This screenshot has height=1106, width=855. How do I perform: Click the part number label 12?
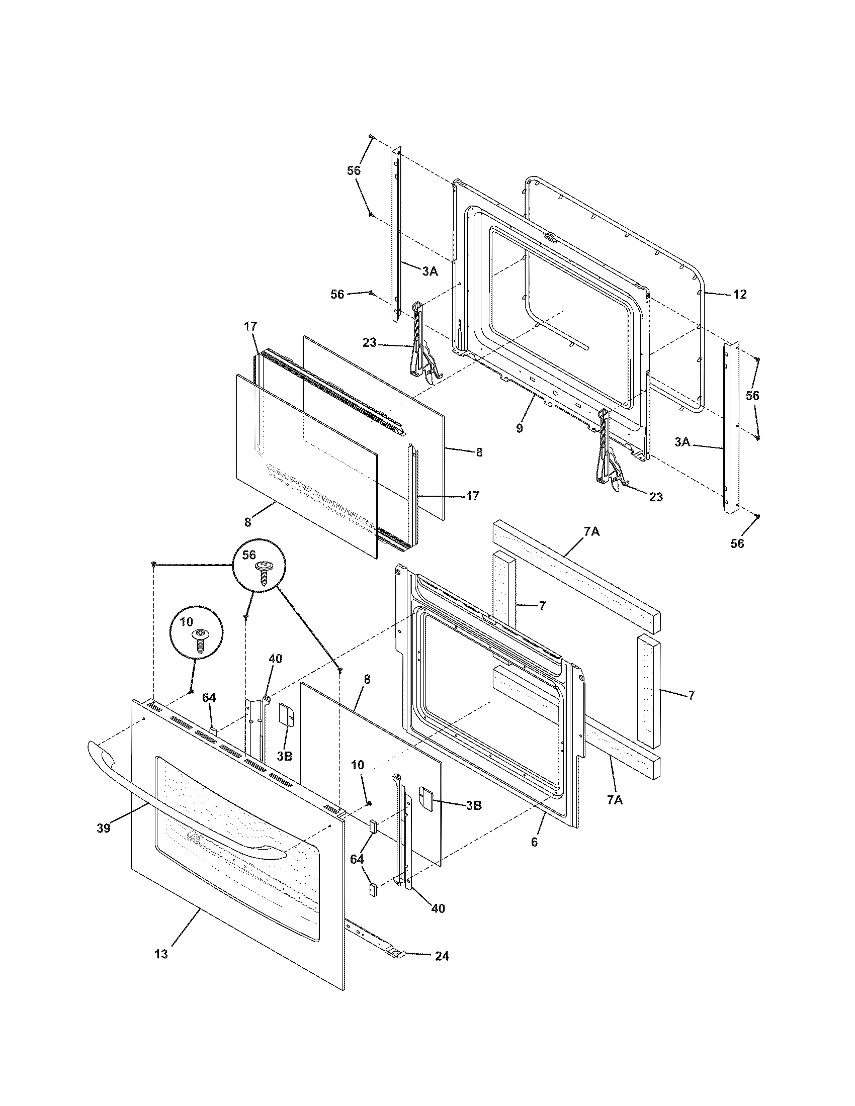[739, 294]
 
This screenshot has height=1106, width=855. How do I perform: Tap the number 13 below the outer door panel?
[161, 954]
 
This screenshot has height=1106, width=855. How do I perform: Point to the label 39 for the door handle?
[103, 829]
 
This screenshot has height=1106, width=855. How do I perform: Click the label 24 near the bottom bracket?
[442, 956]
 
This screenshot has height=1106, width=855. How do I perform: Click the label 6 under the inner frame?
[534, 842]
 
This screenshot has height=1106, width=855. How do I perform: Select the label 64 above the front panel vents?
[209, 698]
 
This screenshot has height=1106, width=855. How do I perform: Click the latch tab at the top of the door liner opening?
[550, 236]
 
